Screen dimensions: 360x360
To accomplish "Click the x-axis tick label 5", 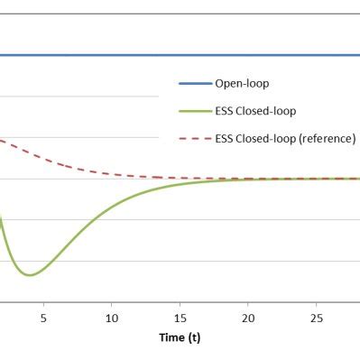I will [42, 318].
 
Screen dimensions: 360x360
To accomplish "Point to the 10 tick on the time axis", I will [111, 318].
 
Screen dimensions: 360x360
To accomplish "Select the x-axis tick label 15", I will [180, 318].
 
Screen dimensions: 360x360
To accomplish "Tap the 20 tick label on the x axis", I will [248, 318].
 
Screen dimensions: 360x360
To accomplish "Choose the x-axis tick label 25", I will [317, 318].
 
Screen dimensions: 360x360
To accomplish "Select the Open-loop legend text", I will [242, 84].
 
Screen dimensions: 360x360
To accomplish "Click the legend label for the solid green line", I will [255, 111].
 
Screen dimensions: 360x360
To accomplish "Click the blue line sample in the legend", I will [193, 84].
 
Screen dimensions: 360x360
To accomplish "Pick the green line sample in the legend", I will [193, 111].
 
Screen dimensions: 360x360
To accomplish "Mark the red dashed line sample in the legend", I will [193, 138].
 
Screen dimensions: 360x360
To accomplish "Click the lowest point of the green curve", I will [30, 274].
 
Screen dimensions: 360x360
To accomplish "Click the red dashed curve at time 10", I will [111, 173].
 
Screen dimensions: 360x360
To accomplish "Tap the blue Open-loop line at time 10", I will [111, 55].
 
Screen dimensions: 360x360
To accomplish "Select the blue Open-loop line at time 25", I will [317, 55].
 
